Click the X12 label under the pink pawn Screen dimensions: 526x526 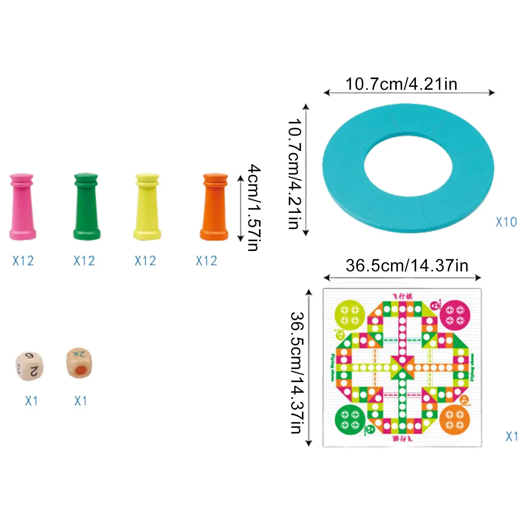(23, 261)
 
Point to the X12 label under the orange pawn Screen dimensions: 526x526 (207, 261)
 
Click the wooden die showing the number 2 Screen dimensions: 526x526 (30, 366)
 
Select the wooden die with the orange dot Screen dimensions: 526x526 (79, 363)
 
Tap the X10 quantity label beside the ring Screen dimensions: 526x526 (506, 222)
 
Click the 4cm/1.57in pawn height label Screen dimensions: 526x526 (254, 208)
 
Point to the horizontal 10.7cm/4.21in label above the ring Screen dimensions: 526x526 (401, 84)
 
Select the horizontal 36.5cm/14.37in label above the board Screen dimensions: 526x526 (407, 265)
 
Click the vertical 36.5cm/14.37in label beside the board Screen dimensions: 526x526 (298, 373)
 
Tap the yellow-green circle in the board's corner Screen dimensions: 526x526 (350, 315)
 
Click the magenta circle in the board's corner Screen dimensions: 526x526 (455, 315)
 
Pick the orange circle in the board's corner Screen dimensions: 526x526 (455, 420)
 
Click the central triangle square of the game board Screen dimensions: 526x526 (402, 367)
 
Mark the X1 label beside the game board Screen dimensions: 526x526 (512, 436)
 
